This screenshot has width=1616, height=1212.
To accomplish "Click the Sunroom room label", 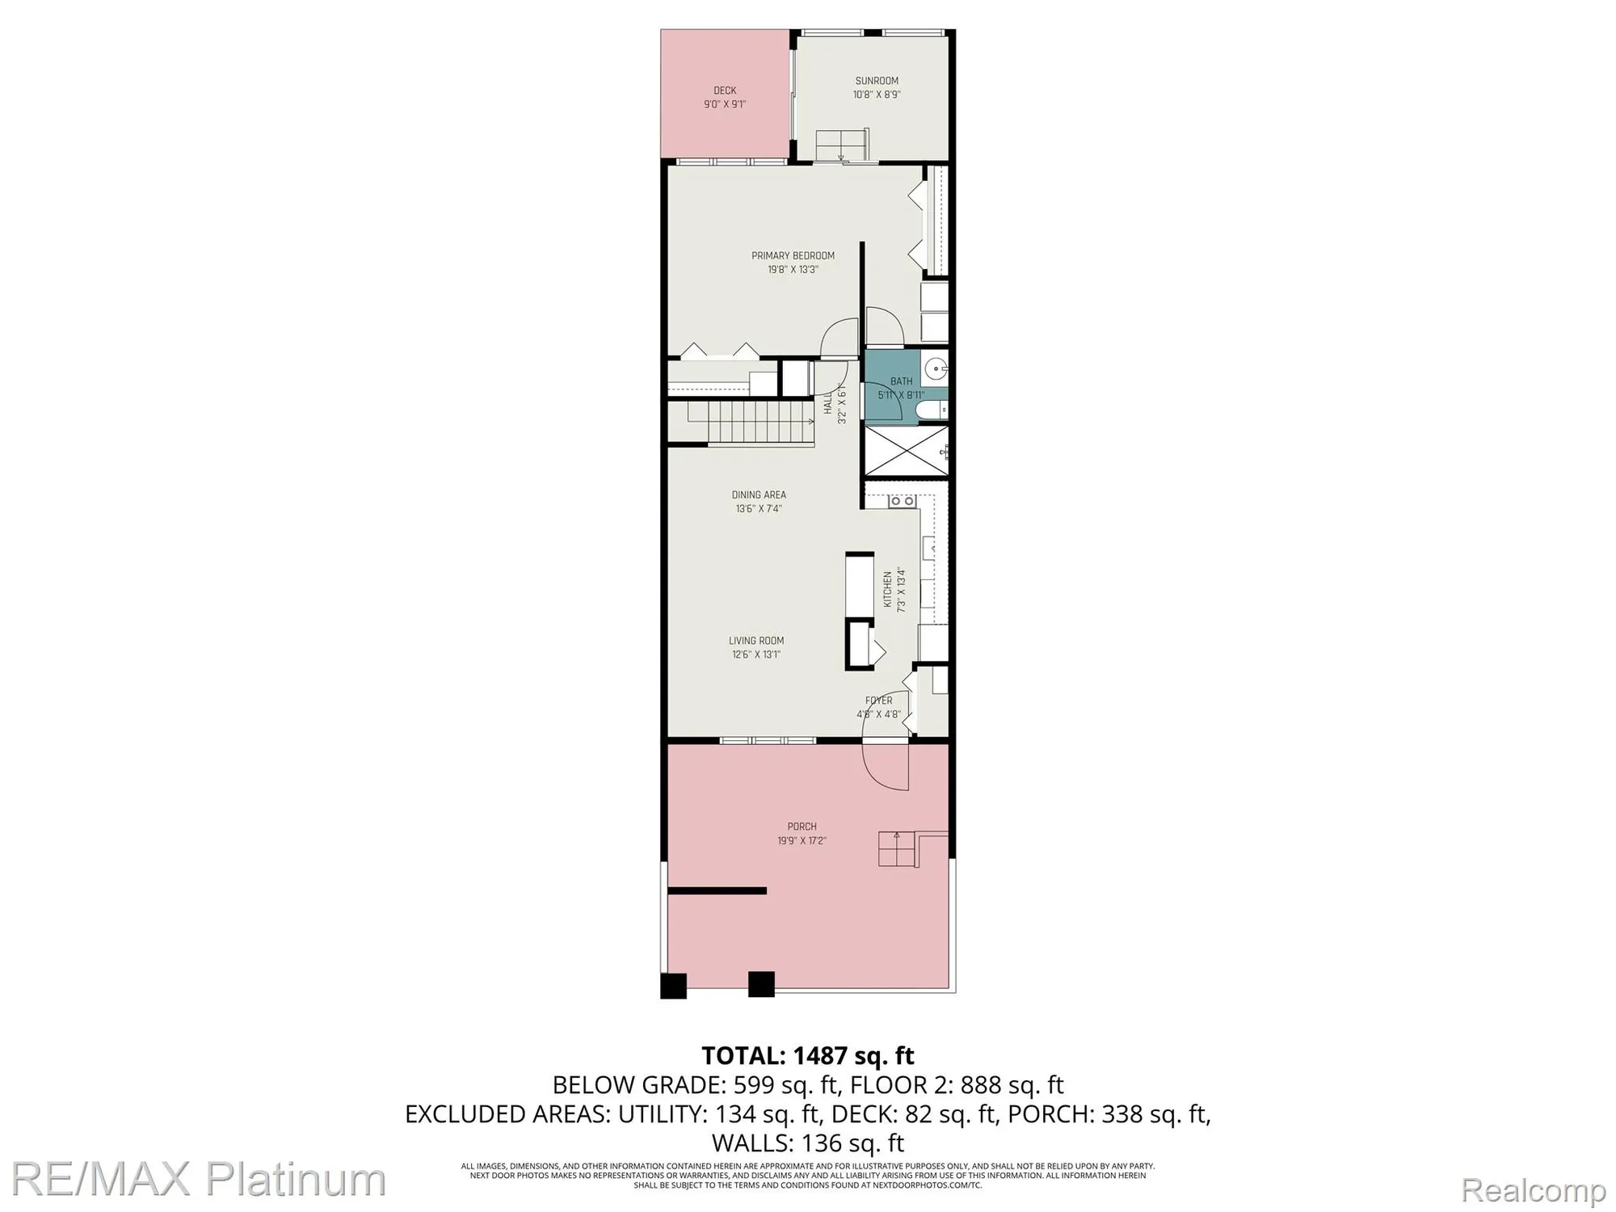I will [877, 81].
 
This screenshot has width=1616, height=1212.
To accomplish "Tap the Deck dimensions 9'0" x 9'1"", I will [725, 104].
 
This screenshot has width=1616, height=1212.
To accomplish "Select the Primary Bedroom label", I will [793, 255].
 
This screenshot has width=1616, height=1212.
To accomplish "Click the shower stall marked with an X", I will [905, 451].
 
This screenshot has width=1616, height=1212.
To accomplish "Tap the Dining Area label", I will [759, 494].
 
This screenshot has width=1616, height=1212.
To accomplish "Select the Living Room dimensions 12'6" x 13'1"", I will [756, 654].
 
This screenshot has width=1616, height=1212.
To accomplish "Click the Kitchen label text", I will [887, 589].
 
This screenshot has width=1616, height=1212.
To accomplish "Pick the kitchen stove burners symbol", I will [902, 501].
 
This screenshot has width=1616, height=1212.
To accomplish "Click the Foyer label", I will [879, 701].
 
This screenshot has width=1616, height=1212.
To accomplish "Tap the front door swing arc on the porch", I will [885, 768].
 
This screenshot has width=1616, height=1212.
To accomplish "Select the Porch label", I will [802, 827].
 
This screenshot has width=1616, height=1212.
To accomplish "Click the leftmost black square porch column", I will [673, 986].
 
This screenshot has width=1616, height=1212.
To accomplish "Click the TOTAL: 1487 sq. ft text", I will [807, 1056].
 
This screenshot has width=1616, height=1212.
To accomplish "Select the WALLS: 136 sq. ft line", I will [807, 1143].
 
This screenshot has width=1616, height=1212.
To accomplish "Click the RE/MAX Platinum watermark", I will [198, 1180].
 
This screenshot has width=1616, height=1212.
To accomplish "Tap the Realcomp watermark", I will [1533, 1190].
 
